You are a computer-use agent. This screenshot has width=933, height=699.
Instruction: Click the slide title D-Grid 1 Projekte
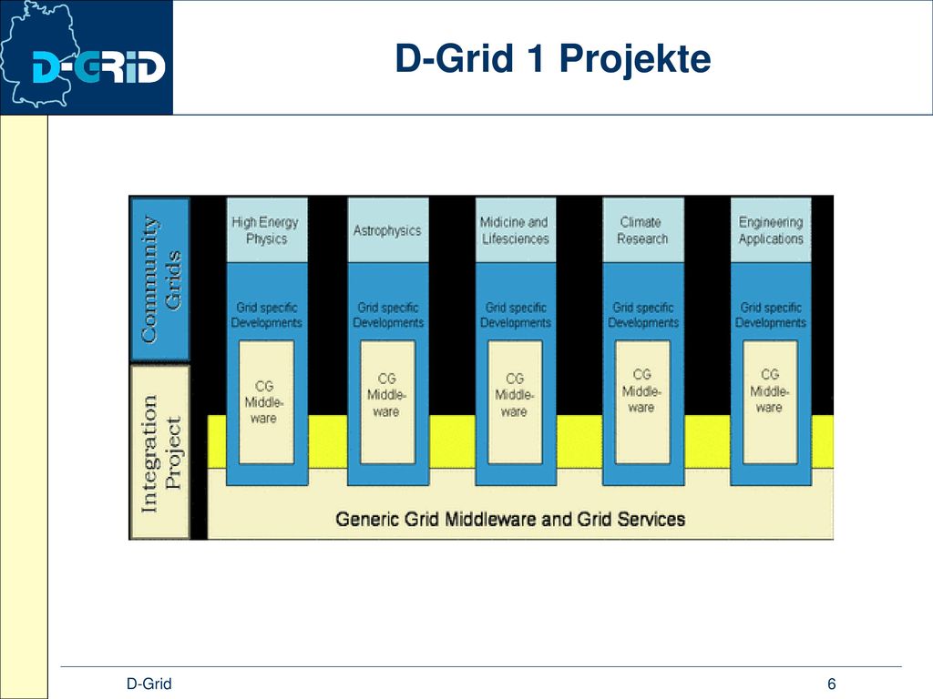[x=553, y=58]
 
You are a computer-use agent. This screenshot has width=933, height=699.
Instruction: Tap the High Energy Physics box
[x=267, y=230]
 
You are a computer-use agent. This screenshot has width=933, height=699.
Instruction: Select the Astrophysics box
[x=388, y=230]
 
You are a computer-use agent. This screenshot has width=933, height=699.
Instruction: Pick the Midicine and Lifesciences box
[x=516, y=230]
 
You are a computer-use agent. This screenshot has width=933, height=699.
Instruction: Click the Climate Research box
[x=643, y=230]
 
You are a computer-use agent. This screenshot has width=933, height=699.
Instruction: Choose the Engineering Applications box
[x=771, y=230]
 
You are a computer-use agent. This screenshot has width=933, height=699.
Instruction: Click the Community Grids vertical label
[x=160, y=279]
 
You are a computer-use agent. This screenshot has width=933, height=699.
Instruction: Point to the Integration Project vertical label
[x=160, y=452]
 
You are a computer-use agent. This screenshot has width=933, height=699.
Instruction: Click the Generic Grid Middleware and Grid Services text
[x=510, y=519]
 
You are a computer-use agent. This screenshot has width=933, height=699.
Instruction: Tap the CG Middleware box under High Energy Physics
[x=267, y=401]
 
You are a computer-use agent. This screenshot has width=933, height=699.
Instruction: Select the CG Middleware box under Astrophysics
[x=388, y=401]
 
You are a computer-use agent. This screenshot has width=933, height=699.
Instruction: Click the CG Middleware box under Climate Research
[x=642, y=401]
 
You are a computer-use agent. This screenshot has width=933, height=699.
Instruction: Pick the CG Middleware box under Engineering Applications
[x=770, y=401]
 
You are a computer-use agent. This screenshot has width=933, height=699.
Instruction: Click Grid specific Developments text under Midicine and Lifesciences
[x=516, y=315]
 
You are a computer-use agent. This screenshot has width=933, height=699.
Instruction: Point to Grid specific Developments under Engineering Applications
[x=771, y=315]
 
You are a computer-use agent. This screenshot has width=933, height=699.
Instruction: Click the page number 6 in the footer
[x=831, y=684]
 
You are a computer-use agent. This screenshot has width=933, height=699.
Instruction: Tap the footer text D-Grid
[x=149, y=684]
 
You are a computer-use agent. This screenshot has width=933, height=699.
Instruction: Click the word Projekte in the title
[x=635, y=59]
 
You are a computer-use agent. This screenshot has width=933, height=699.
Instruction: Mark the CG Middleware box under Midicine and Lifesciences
[x=516, y=401]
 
